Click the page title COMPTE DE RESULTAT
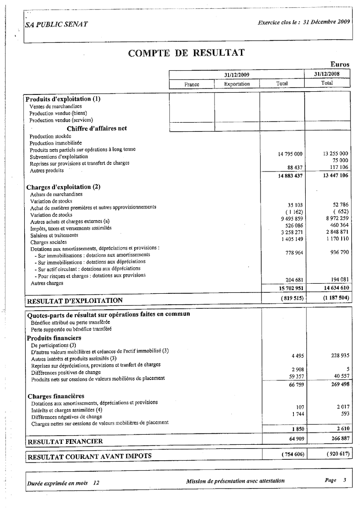click(186, 53)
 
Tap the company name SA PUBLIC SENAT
click(57, 24)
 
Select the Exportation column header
click(237, 84)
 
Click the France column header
click(192, 84)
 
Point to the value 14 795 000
click(290, 154)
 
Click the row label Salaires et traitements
click(54, 235)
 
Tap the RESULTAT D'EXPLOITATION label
click(75, 301)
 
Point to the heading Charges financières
click(56, 396)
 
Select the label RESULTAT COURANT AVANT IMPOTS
click(89, 456)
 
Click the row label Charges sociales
click(48, 242)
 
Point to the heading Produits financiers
click(54, 338)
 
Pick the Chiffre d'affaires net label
click(97, 128)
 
